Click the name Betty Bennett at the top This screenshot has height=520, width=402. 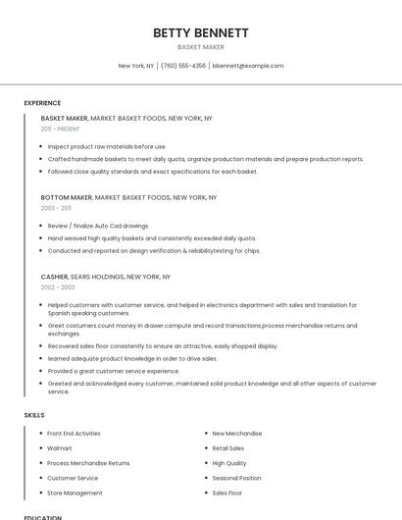coord(201,32)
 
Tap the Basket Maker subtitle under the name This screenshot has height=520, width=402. coord(201,47)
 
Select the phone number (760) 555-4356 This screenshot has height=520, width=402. coord(183,66)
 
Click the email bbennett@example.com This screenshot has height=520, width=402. coord(248,66)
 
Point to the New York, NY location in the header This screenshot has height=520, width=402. coord(136,66)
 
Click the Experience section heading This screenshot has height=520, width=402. coord(42,103)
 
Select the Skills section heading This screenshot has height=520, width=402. coord(34,415)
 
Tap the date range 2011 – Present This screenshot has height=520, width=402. coord(60,129)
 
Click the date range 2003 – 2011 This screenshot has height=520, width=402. coord(56,208)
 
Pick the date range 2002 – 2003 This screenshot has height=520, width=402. coord(58,287)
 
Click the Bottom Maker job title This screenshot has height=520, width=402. coord(66,197)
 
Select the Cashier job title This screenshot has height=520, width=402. coord(54,277)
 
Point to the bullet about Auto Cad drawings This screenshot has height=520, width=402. coord(98,226)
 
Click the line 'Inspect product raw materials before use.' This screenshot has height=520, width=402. coord(107,146)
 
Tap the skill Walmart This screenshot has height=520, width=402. coord(61,448)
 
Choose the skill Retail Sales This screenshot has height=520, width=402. coord(228,448)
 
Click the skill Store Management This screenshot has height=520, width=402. coord(75,493)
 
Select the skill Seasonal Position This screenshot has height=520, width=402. coord(236,478)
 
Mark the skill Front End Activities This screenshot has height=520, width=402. coord(74,433)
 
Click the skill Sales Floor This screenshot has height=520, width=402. coord(226,493)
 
